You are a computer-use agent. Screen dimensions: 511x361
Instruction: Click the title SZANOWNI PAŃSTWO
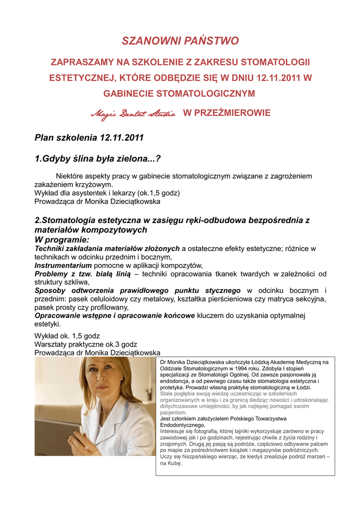click(x=180, y=41)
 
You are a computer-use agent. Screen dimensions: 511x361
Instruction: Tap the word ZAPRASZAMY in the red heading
click(x=80, y=62)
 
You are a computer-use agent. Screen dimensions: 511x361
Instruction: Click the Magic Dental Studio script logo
click(x=133, y=114)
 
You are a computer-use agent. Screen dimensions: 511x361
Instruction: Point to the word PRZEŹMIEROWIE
click(x=227, y=113)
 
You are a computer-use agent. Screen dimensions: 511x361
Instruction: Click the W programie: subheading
click(x=62, y=240)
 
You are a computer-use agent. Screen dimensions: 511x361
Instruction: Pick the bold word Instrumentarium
click(x=63, y=265)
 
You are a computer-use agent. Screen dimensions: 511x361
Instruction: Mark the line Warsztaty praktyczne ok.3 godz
click(x=85, y=344)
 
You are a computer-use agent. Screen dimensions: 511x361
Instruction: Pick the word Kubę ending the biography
click(x=175, y=463)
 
